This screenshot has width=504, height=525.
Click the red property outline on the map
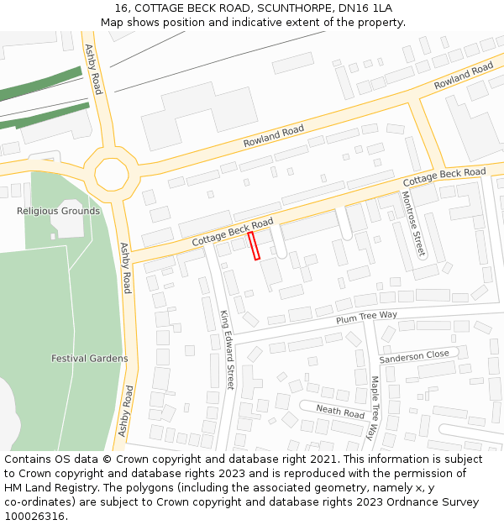tap(254, 246)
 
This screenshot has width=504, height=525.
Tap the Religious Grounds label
tap(58, 211)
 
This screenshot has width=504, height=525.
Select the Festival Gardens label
tap(89, 359)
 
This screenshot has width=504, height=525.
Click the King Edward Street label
tap(227, 349)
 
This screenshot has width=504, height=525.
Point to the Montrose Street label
tap(412, 223)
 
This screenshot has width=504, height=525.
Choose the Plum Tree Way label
tap(366, 316)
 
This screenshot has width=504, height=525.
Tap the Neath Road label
tap(340, 411)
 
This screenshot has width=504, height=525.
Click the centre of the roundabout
tap(112, 175)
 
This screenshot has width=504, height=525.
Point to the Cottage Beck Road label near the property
tap(233, 232)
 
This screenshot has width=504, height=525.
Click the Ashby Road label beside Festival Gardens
tap(124, 268)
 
